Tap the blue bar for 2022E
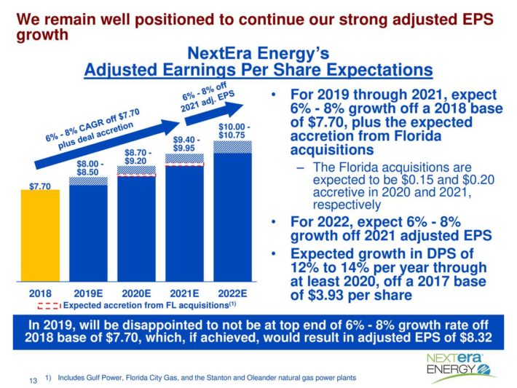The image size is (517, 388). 232,218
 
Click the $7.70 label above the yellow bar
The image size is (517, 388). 41,186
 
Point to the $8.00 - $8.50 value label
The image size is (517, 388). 90,168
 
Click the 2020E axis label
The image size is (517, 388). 136,293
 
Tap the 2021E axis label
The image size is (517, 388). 184,293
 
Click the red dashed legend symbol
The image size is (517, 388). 48,305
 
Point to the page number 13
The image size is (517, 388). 32,380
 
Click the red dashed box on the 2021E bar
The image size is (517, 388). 184,165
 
